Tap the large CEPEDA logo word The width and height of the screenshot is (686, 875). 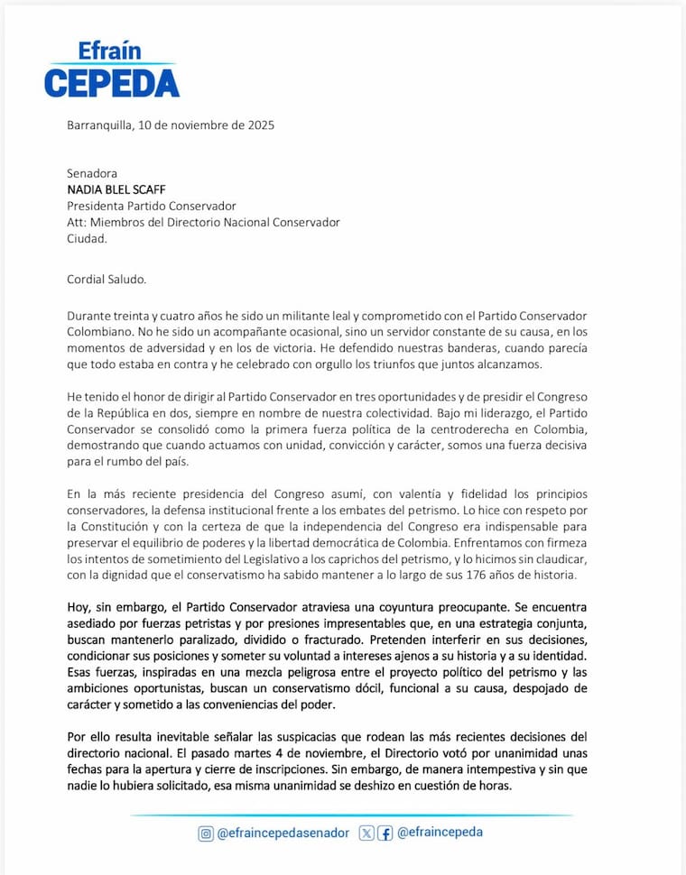pos(112,82)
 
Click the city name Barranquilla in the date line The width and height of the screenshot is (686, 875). pos(98,125)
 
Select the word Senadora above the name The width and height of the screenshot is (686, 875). pos(92,173)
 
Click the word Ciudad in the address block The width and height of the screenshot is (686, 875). pos(87,238)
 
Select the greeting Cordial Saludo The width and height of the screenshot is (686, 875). pos(106,279)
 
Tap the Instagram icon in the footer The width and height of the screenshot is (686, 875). pos(206,833)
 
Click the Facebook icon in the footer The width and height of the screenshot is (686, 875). pos(385,833)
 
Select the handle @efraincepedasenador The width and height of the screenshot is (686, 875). pos(283,833)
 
